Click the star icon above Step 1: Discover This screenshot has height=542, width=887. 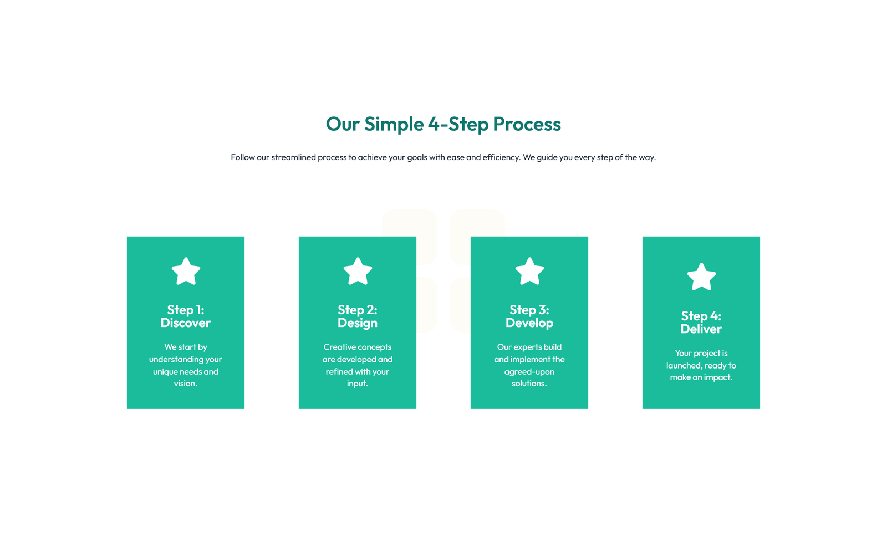click(x=186, y=272)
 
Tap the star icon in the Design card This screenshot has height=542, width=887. click(x=358, y=272)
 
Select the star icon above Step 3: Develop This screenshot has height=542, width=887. click(x=529, y=272)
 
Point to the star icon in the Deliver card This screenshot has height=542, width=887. click(x=701, y=277)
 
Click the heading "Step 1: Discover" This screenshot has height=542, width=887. click(x=186, y=316)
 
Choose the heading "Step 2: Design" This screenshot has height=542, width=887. click(x=358, y=316)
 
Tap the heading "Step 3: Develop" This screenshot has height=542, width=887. click(x=529, y=316)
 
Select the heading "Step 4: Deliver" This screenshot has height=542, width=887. click(x=701, y=323)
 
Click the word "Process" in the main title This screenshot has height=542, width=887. click(x=527, y=124)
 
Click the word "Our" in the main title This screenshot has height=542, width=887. click(x=343, y=124)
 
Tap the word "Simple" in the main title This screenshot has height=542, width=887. click(x=394, y=124)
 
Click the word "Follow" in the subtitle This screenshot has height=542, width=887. click(x=243, y=157)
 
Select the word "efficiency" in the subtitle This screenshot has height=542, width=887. click(x=501, y=157)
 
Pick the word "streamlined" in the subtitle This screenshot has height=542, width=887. click(x=293, y=157)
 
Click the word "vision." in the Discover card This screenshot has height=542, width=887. click(x=186, y=384)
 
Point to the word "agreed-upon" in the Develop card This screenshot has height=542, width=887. click(x=529, y=372)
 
